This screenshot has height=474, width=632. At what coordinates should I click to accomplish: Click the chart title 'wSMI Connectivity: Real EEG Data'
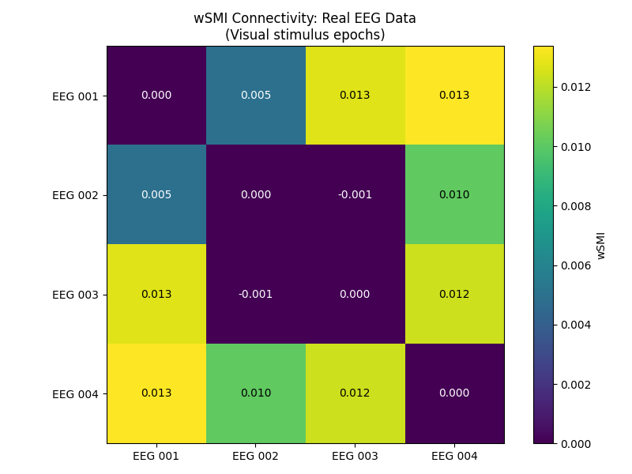tap(305, 18)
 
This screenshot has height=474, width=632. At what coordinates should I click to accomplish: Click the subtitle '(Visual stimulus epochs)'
tap(305, 35)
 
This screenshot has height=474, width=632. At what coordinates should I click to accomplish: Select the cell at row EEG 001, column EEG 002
tap(256, 96)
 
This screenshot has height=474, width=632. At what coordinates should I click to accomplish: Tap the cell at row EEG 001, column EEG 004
tap(454, 96)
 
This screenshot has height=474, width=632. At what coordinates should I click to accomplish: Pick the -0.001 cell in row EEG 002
tap(355, 194)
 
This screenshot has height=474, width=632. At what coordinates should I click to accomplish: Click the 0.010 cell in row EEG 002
tap(454, 194)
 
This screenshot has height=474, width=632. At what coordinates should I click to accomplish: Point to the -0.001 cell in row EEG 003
tap(256, 294)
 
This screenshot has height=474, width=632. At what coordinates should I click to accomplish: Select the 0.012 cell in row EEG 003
tap(454, 294)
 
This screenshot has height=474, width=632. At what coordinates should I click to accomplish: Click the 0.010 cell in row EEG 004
tap(256, 393)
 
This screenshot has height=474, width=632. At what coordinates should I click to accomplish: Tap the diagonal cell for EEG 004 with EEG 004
tap(454, 393)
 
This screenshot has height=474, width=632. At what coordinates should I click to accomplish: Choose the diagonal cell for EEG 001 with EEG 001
tap(156, 96)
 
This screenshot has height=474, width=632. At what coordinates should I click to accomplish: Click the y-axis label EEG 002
tap(75, 195)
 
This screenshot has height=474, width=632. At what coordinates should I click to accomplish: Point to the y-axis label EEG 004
tap(75, 393)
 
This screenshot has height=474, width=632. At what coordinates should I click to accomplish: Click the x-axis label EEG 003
tap(355, 457)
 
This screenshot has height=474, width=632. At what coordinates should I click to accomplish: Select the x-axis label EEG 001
tap(156, 457)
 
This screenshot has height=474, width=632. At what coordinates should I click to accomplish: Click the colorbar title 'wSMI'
tap(601, 245)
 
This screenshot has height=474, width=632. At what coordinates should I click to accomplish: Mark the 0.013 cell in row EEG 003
tap(156, 294)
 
